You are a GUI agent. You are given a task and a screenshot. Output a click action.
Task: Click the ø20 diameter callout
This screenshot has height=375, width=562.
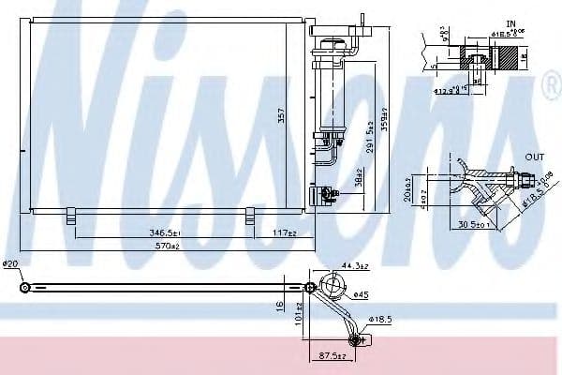pyautogui.click(x=11, y=265)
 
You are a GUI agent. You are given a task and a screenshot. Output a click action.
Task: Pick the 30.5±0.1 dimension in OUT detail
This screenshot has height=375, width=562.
pyautogui.click(x=474, y=224)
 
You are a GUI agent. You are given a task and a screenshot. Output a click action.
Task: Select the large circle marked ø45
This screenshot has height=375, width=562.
pyautogui.click(x=332, y=287)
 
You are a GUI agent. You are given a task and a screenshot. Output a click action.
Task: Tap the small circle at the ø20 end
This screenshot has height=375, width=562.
pyautogui.click(x=24, y=286)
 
